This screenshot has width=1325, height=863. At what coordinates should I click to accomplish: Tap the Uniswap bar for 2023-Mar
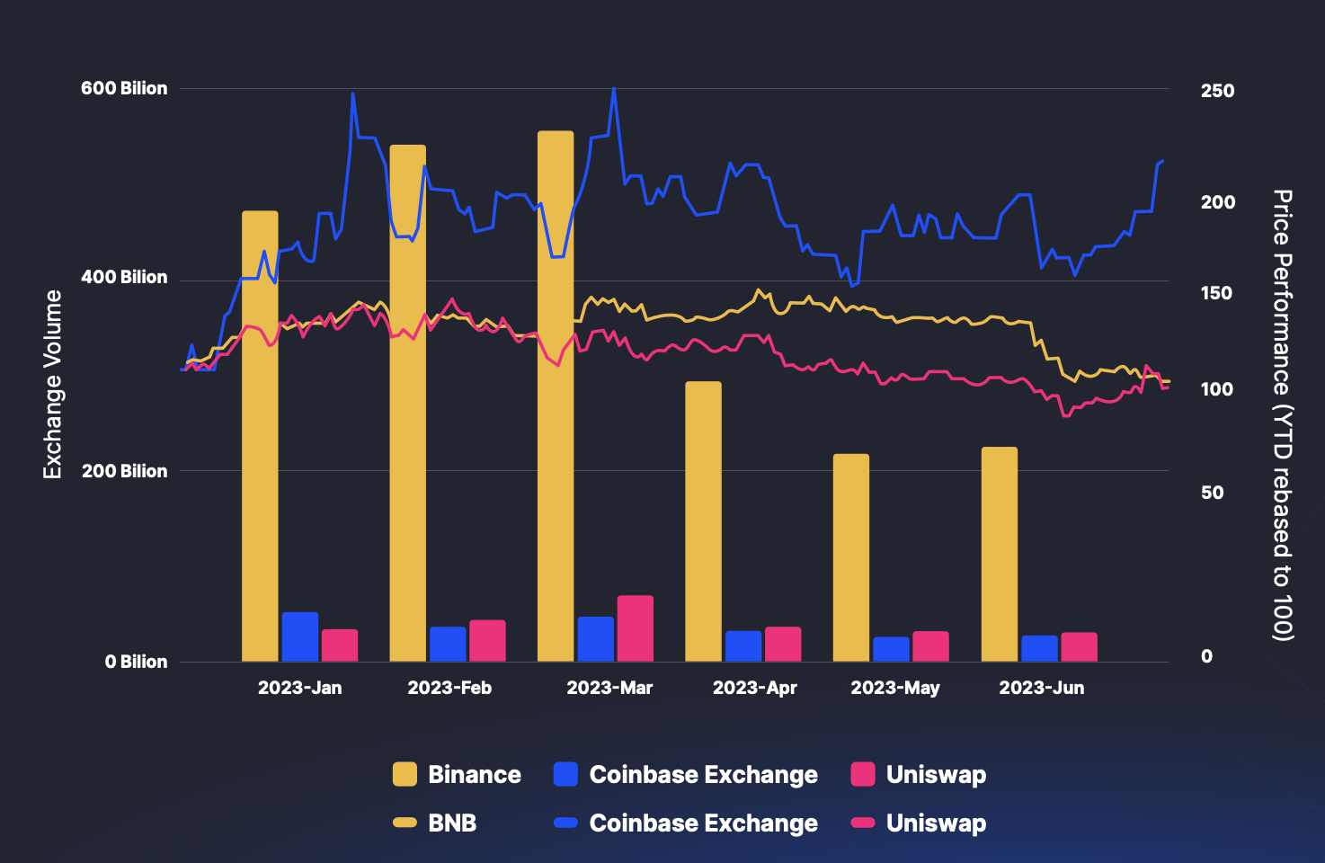pos(635,628)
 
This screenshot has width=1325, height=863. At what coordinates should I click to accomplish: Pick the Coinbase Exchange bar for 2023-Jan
pos(300,636)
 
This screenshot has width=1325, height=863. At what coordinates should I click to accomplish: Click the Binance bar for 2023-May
pos(851,557)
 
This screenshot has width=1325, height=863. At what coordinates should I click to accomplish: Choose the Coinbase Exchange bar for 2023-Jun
pos(1039,648)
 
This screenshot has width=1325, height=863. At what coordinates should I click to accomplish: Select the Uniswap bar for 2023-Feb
pos(487,641)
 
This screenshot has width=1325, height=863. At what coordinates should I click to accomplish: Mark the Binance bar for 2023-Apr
pos(703,521)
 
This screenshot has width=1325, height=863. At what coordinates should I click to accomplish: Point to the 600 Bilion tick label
pos(124,88)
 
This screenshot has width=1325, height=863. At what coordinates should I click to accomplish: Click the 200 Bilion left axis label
pos(124,471)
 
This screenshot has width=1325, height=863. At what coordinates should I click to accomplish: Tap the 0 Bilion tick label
pos(136,662)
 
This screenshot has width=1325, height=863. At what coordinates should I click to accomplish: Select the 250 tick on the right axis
pos(1217,91)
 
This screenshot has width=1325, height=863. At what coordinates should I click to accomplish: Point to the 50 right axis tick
pos(1212,493)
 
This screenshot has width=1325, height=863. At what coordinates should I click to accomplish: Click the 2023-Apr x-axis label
pos(754,688)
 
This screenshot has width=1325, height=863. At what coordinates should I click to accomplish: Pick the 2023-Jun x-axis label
pos(1041,688)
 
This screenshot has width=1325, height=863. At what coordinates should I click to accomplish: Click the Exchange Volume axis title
pos(53,384)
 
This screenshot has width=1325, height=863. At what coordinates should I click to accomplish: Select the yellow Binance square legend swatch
pos(405,774)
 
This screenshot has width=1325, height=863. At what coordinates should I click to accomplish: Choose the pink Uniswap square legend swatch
pos(863,774)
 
